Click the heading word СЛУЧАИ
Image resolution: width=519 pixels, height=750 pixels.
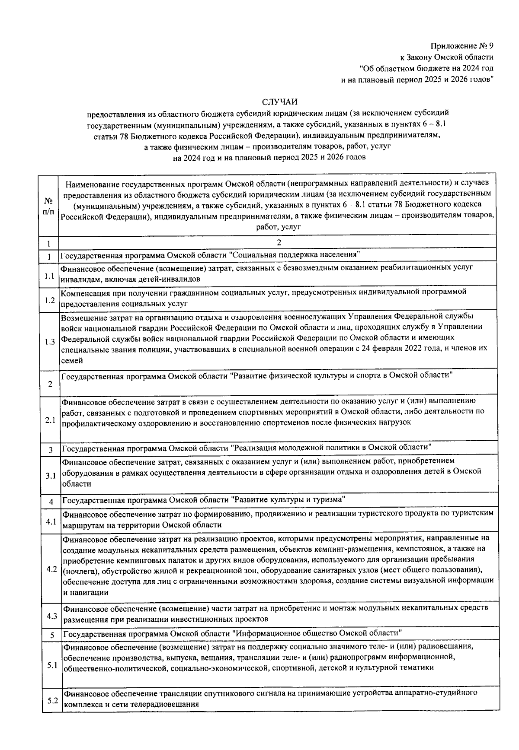pos(280,102)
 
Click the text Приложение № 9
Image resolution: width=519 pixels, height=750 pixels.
pos(461,46)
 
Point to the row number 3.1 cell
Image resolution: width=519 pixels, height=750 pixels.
pos(51,476)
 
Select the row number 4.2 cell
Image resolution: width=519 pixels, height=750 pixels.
pos(51,569)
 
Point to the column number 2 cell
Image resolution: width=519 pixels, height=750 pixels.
pos(279,242)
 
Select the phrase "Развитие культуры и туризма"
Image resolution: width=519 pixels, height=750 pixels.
pos(288,500)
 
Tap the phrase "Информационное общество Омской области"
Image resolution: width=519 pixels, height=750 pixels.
pos(317,633)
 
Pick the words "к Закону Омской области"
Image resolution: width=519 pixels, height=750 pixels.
pos(446,57)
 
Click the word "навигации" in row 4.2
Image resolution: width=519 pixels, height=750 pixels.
pos(86,593)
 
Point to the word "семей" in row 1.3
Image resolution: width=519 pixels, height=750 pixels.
pos(71,360)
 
